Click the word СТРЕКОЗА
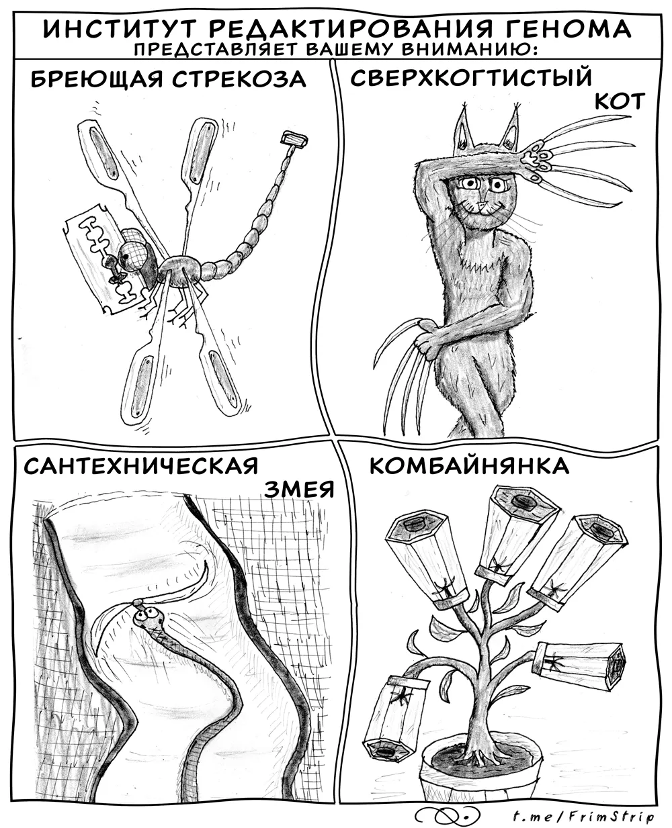239,79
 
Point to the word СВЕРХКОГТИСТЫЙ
471,77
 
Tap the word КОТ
620,102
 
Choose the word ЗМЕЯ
299,489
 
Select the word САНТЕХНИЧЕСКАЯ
141,465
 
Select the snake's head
148,617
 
